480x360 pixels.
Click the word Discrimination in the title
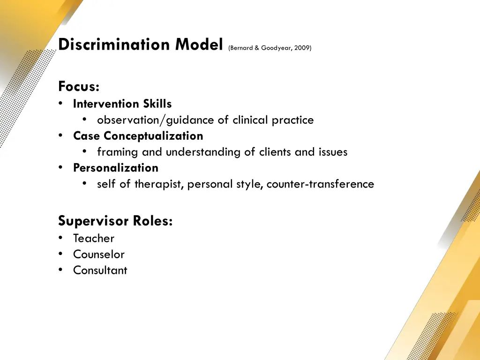click(115, 45)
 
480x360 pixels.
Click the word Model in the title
click(199, 45)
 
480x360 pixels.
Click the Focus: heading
click(79, 87)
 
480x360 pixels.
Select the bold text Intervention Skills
click(122, 104)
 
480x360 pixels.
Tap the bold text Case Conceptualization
click(138, 136)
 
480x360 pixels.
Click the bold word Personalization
click(116, 168)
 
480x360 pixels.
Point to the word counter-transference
click(320, 184)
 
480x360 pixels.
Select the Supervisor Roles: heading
click(115, 220)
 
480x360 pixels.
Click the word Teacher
click(94, 239)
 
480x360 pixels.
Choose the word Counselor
click(99, 255)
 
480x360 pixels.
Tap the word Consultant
click(100, 270)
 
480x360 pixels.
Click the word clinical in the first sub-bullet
click(252, 120)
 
